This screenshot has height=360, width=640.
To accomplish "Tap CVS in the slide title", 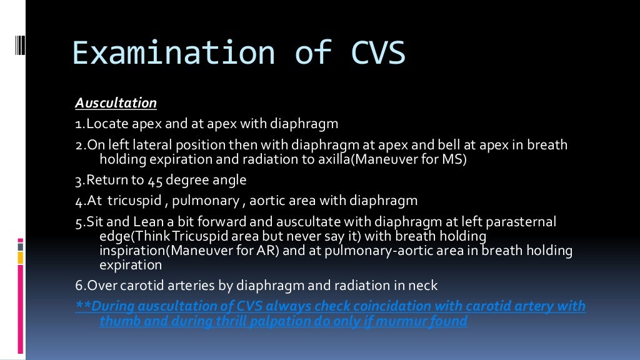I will point(374,53).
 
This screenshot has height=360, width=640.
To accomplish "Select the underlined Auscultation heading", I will point(116,102).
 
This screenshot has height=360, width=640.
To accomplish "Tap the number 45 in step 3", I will point(156,181).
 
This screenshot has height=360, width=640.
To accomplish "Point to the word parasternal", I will point(523,222).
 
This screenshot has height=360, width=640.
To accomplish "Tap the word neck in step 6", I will point(424,286).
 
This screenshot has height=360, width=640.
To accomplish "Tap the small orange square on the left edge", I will point(21,257).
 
